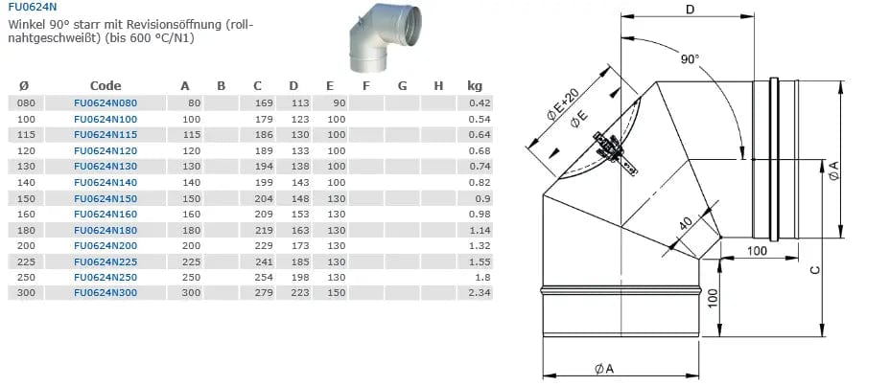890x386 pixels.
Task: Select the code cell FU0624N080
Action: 105,102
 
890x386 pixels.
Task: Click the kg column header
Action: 474,85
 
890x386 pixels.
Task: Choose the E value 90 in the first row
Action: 339,102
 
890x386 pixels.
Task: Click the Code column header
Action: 105,85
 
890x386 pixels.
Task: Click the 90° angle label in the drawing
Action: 690,59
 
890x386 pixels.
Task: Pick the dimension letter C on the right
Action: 814,270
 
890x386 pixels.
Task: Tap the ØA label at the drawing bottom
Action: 604,369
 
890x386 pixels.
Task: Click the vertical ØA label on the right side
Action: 833,171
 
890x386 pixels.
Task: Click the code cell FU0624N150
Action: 105,198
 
